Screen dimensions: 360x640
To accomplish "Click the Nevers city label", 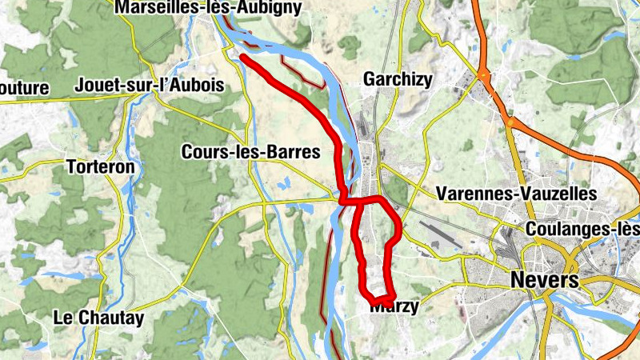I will pyautogui.click(x=544, y=280).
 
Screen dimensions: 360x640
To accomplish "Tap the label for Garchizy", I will pyautogui.click(x=398, y=79).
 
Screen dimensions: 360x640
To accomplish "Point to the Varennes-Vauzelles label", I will pyautogui.click(x=517, y=194).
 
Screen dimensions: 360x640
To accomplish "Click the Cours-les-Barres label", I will pyautogui.click(x=251, y=151).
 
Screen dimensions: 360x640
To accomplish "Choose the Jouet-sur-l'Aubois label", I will pyautogui.click(x=149, y=86).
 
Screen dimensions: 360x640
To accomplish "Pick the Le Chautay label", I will pyautogui.click(x=98, y=318).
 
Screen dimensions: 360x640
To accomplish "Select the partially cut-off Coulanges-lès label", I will pyautogui.click(x=583, y=230).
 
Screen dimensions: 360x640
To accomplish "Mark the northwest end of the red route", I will pyautogui.click(x=241, y=57).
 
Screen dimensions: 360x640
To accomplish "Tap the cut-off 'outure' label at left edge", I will pyautogui.click(x=24, y=88).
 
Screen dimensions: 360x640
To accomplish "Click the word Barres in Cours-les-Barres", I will pyautogui.click(x=296, y=151).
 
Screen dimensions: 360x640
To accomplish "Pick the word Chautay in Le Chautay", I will pyautogui.click(x=111, y=318).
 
